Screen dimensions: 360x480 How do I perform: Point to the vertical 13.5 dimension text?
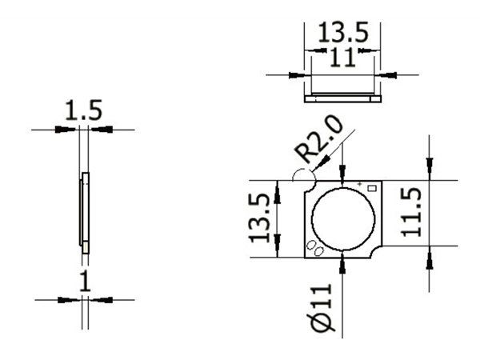point(261,218)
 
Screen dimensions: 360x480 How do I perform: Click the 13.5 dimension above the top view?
point(343,33)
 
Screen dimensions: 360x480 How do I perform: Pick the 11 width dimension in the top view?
point(342,57)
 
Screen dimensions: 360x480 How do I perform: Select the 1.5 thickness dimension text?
point(84,110)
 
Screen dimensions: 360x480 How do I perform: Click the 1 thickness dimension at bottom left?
point(85,281)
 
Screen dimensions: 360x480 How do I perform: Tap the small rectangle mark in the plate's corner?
point(370,188)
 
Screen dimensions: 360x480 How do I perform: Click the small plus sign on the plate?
point(360,185)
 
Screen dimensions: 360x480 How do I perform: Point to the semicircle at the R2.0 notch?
point(304,178)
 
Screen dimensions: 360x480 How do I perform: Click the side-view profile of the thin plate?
point(84,213)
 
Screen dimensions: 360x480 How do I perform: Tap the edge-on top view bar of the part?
point(342,98)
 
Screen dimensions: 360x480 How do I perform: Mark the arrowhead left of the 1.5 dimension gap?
point(71,129)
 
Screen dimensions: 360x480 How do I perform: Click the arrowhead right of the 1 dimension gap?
point(96,299)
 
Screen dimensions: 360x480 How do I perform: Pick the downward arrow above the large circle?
point(342,178)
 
